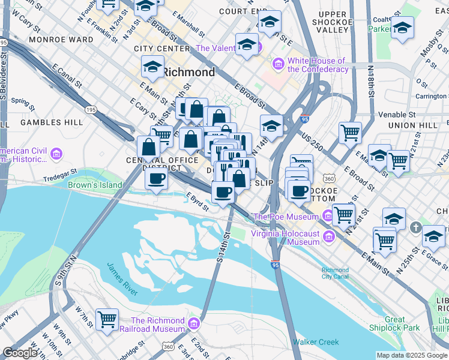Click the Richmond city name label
point(188,73)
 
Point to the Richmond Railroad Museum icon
point(193,325)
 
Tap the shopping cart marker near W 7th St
point(107,319)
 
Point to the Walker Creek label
point(315,342)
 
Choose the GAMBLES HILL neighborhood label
point(52,122)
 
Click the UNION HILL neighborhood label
point(410,125)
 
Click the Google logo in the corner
point(20,353)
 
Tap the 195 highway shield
point(91,110)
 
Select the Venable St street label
point(396,115)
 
